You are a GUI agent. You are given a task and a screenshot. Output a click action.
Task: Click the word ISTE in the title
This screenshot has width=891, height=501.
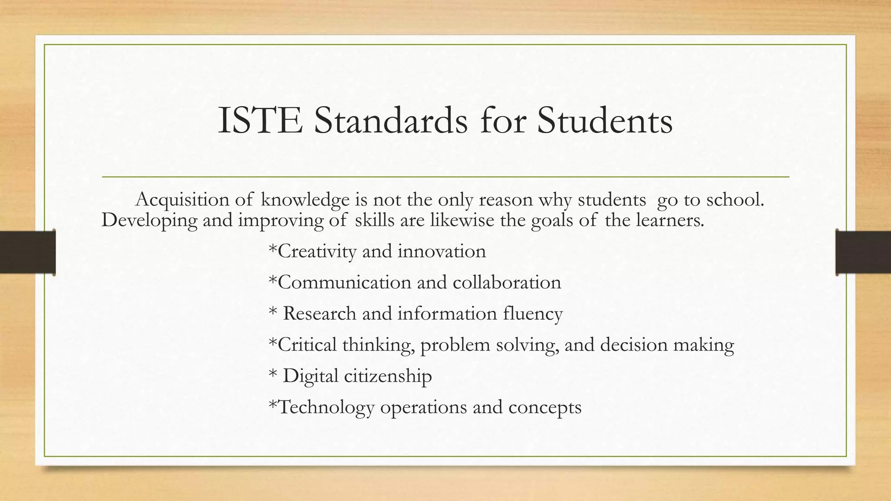point(260,120)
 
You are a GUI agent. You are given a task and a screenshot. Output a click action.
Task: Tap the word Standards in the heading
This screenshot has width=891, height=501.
point(391,120)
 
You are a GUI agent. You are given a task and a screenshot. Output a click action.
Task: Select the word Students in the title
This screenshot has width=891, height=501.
point(605,120)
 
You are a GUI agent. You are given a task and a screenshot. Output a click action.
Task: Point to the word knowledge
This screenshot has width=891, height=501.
point(305,200)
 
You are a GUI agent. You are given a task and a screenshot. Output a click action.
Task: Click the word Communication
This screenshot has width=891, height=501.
point(344,283)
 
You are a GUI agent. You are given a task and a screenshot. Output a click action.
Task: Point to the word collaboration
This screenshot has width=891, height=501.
point(507,283)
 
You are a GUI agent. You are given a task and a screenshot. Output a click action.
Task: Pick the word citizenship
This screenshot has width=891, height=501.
point(388,376)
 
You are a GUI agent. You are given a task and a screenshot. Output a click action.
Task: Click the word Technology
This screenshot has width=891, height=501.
point(326,407)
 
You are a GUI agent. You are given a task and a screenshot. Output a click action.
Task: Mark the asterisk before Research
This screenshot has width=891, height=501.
point(273,312)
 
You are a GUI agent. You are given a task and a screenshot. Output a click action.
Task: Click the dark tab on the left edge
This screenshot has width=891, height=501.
point(27,252)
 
